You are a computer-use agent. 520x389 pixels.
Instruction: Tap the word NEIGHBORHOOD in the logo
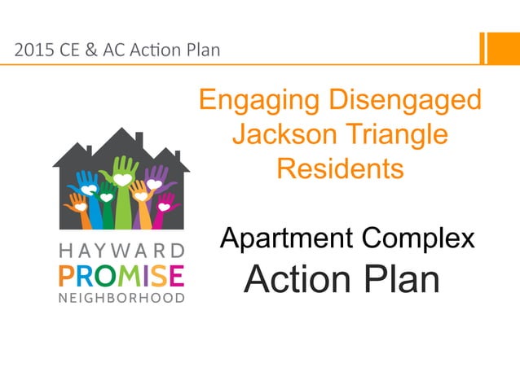click(121, 298)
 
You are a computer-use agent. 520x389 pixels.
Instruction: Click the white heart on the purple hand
click(154, 183)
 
